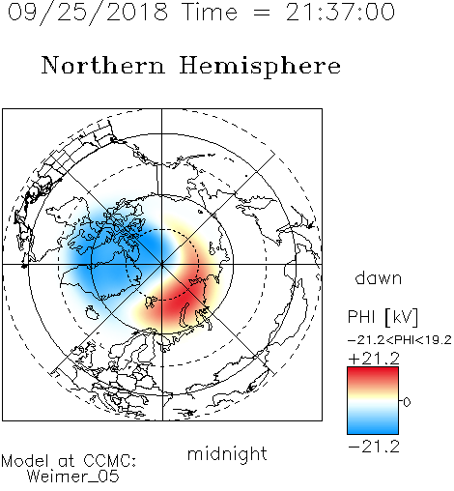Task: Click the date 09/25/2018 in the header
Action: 88,13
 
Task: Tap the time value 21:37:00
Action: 340,12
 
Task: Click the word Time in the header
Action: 210,12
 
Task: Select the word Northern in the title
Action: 103,65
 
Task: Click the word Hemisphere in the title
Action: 260,67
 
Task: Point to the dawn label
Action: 379,277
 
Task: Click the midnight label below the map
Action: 227,454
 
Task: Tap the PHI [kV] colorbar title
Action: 383,317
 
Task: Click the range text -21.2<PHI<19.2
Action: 400,340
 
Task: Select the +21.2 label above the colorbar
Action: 374,359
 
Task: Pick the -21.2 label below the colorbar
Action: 374,447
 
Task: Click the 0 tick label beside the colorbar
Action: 407,402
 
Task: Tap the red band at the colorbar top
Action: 373,374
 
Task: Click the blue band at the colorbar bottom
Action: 373,427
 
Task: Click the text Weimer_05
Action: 73,476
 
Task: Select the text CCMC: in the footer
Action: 110,461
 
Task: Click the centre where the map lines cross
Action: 161,265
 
